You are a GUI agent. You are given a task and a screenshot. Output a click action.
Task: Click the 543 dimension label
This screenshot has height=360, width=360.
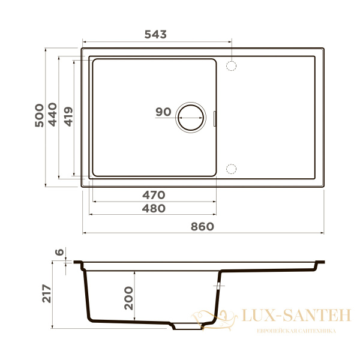coord(155,34)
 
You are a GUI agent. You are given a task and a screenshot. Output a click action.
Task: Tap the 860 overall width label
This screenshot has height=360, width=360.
coord(202,227)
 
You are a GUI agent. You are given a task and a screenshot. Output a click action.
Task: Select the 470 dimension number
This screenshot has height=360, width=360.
coord(154,195)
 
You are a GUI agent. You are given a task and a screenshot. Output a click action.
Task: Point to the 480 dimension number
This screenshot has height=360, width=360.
coord(154,208)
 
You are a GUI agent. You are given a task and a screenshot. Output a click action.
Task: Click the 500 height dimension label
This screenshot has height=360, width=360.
coord(39,115)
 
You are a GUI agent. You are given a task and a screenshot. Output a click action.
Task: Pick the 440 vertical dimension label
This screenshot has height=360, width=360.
coord(52,115)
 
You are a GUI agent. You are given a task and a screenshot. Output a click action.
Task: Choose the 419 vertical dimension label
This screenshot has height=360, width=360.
coord(68,116)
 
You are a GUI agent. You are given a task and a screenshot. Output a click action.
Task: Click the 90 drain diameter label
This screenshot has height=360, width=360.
coord(163,112)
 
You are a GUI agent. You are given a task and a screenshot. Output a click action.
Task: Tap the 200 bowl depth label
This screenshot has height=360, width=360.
coord(128,298)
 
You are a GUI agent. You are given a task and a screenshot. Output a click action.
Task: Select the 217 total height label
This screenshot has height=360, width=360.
coord(47,293)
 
